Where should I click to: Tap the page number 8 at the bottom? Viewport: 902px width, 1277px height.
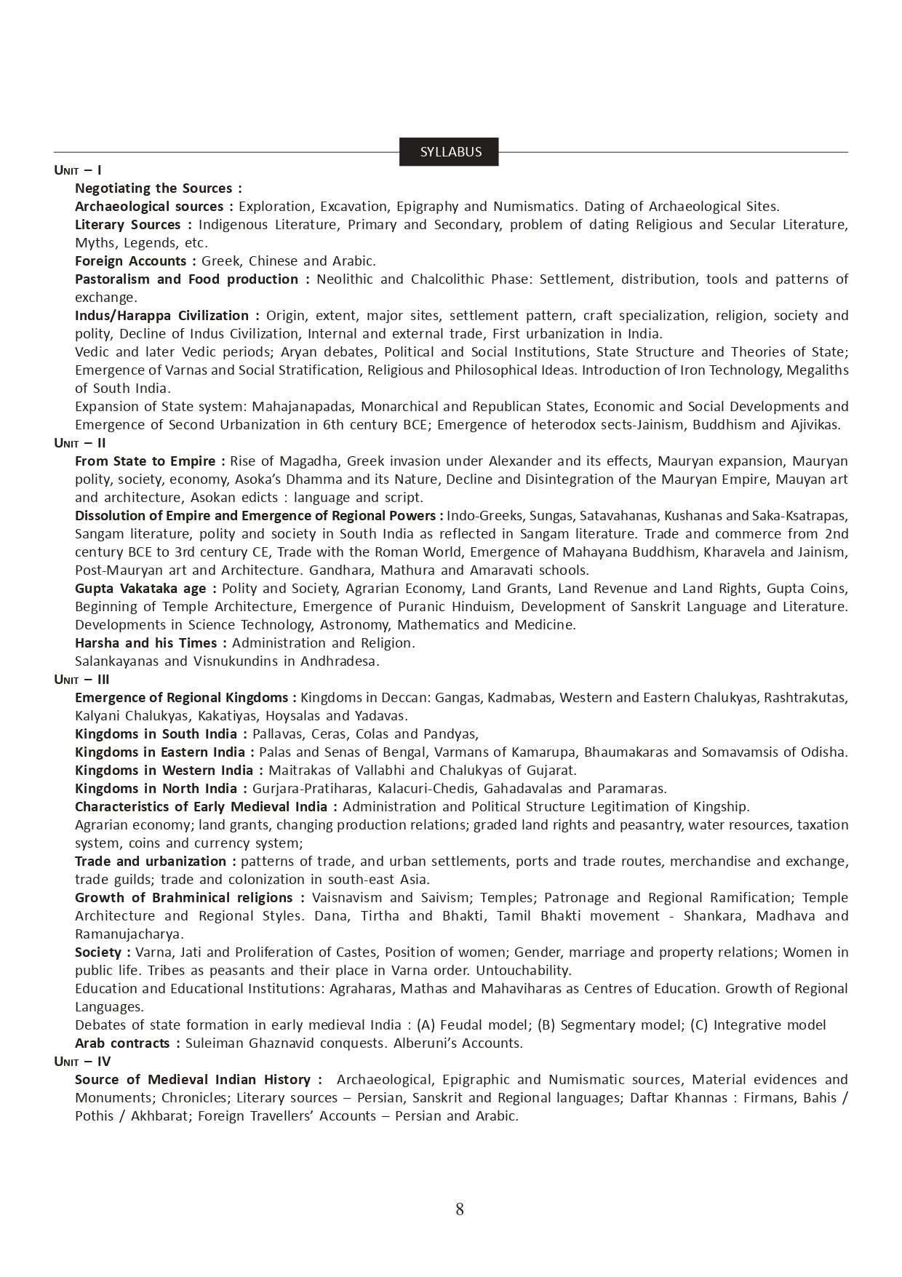pos(459,1209)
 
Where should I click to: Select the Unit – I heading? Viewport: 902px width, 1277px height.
pos(78,170)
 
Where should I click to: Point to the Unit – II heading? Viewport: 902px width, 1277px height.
pos(80,443)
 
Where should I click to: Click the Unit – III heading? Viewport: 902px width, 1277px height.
pos(82,680)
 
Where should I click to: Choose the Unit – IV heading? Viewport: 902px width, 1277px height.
pos(82,1062)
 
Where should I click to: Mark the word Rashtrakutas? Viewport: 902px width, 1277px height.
pos(808,698)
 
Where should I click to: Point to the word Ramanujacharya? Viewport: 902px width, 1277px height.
pos(129,934)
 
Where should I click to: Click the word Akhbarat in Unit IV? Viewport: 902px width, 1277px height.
pos(160,1116)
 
